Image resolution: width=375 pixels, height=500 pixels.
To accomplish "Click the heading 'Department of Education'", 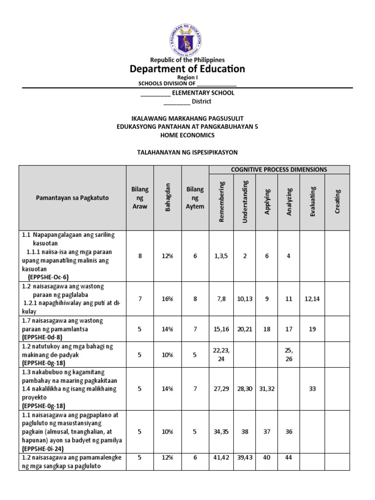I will [x=187, y=69].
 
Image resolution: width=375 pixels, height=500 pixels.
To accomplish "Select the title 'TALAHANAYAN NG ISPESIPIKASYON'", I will [x=187, y=152].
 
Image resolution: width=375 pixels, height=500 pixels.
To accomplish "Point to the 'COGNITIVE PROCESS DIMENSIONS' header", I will [x=279, y=169].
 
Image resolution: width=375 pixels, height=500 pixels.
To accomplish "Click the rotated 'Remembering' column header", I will [x=222, y=202].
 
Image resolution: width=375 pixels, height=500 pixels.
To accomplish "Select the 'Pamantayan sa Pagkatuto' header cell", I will [x=72, y=198].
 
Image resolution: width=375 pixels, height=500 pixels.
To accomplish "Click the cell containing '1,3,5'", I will [x=222, y=255].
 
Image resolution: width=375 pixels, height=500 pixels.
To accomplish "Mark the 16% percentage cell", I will [x=168, y=299].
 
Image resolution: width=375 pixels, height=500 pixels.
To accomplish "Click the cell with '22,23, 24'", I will [x=222, y=354].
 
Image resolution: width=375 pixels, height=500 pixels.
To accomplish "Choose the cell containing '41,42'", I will [x=222, y=461].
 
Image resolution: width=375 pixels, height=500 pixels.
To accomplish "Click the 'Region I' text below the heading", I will [x=187, y=78].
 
